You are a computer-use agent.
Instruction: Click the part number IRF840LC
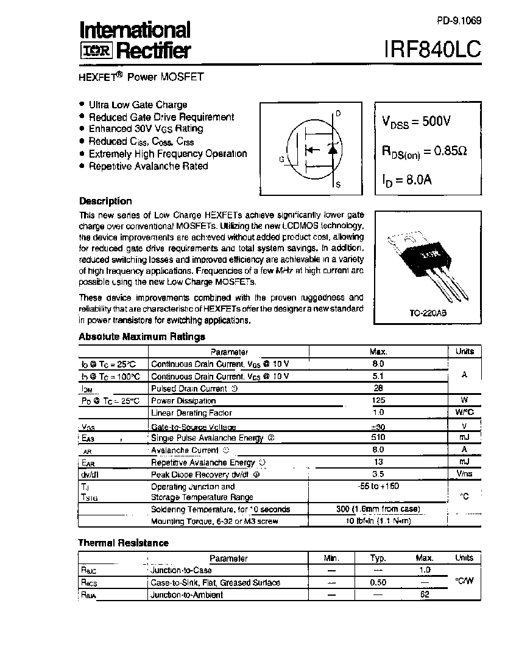[x=432, y=49]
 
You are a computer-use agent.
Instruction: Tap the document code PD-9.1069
[x=459, y=21]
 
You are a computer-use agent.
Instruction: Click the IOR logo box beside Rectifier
[x=96, y=50]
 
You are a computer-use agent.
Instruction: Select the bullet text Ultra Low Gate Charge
[x=138, y=105]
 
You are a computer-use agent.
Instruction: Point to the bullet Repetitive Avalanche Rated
[x=148, y=166]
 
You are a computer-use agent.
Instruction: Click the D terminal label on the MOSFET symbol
[x=338, y=114]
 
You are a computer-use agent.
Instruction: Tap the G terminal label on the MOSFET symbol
[x=282, y=159]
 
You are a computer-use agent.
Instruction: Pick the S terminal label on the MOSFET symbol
[x=338, y=184]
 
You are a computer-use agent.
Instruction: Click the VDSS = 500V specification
[x=416, y=122]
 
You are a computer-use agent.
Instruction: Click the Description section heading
[x=105, y=201]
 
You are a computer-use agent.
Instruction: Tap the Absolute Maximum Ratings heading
[x=142, y=336]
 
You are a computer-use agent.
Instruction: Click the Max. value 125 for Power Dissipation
[x=378, y=400]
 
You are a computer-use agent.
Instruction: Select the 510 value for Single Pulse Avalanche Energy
[x=378, y=438]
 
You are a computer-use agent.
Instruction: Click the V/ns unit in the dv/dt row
[x=464, y=474]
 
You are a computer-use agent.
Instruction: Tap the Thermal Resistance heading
[x=123, y=543]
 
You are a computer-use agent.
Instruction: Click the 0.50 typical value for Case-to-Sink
[x=378, y=582]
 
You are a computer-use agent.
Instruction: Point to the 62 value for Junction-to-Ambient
[x=425, y=594]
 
